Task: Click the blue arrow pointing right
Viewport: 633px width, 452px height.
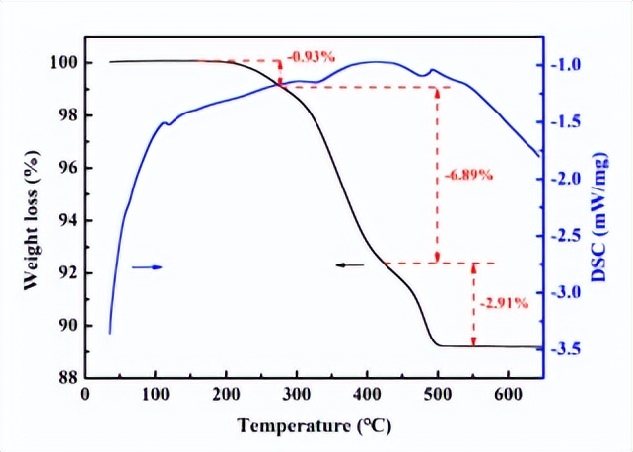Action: (x=146, y=266)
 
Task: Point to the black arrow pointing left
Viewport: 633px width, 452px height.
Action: (x=346, y=264)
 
